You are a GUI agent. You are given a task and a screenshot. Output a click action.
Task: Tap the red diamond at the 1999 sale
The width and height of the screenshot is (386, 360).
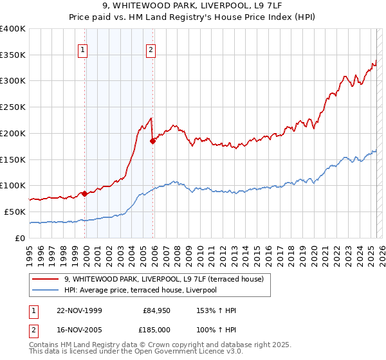(85, 193)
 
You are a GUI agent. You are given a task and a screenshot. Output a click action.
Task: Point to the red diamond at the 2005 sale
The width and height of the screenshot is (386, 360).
(152, 141)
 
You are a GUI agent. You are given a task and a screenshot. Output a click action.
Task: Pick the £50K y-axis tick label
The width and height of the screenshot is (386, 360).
(15, 212)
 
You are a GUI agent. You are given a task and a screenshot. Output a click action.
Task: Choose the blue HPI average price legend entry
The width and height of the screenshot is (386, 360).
(140, 290)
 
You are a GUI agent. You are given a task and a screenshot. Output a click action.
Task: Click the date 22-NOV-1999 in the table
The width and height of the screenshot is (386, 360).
(79, 310)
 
